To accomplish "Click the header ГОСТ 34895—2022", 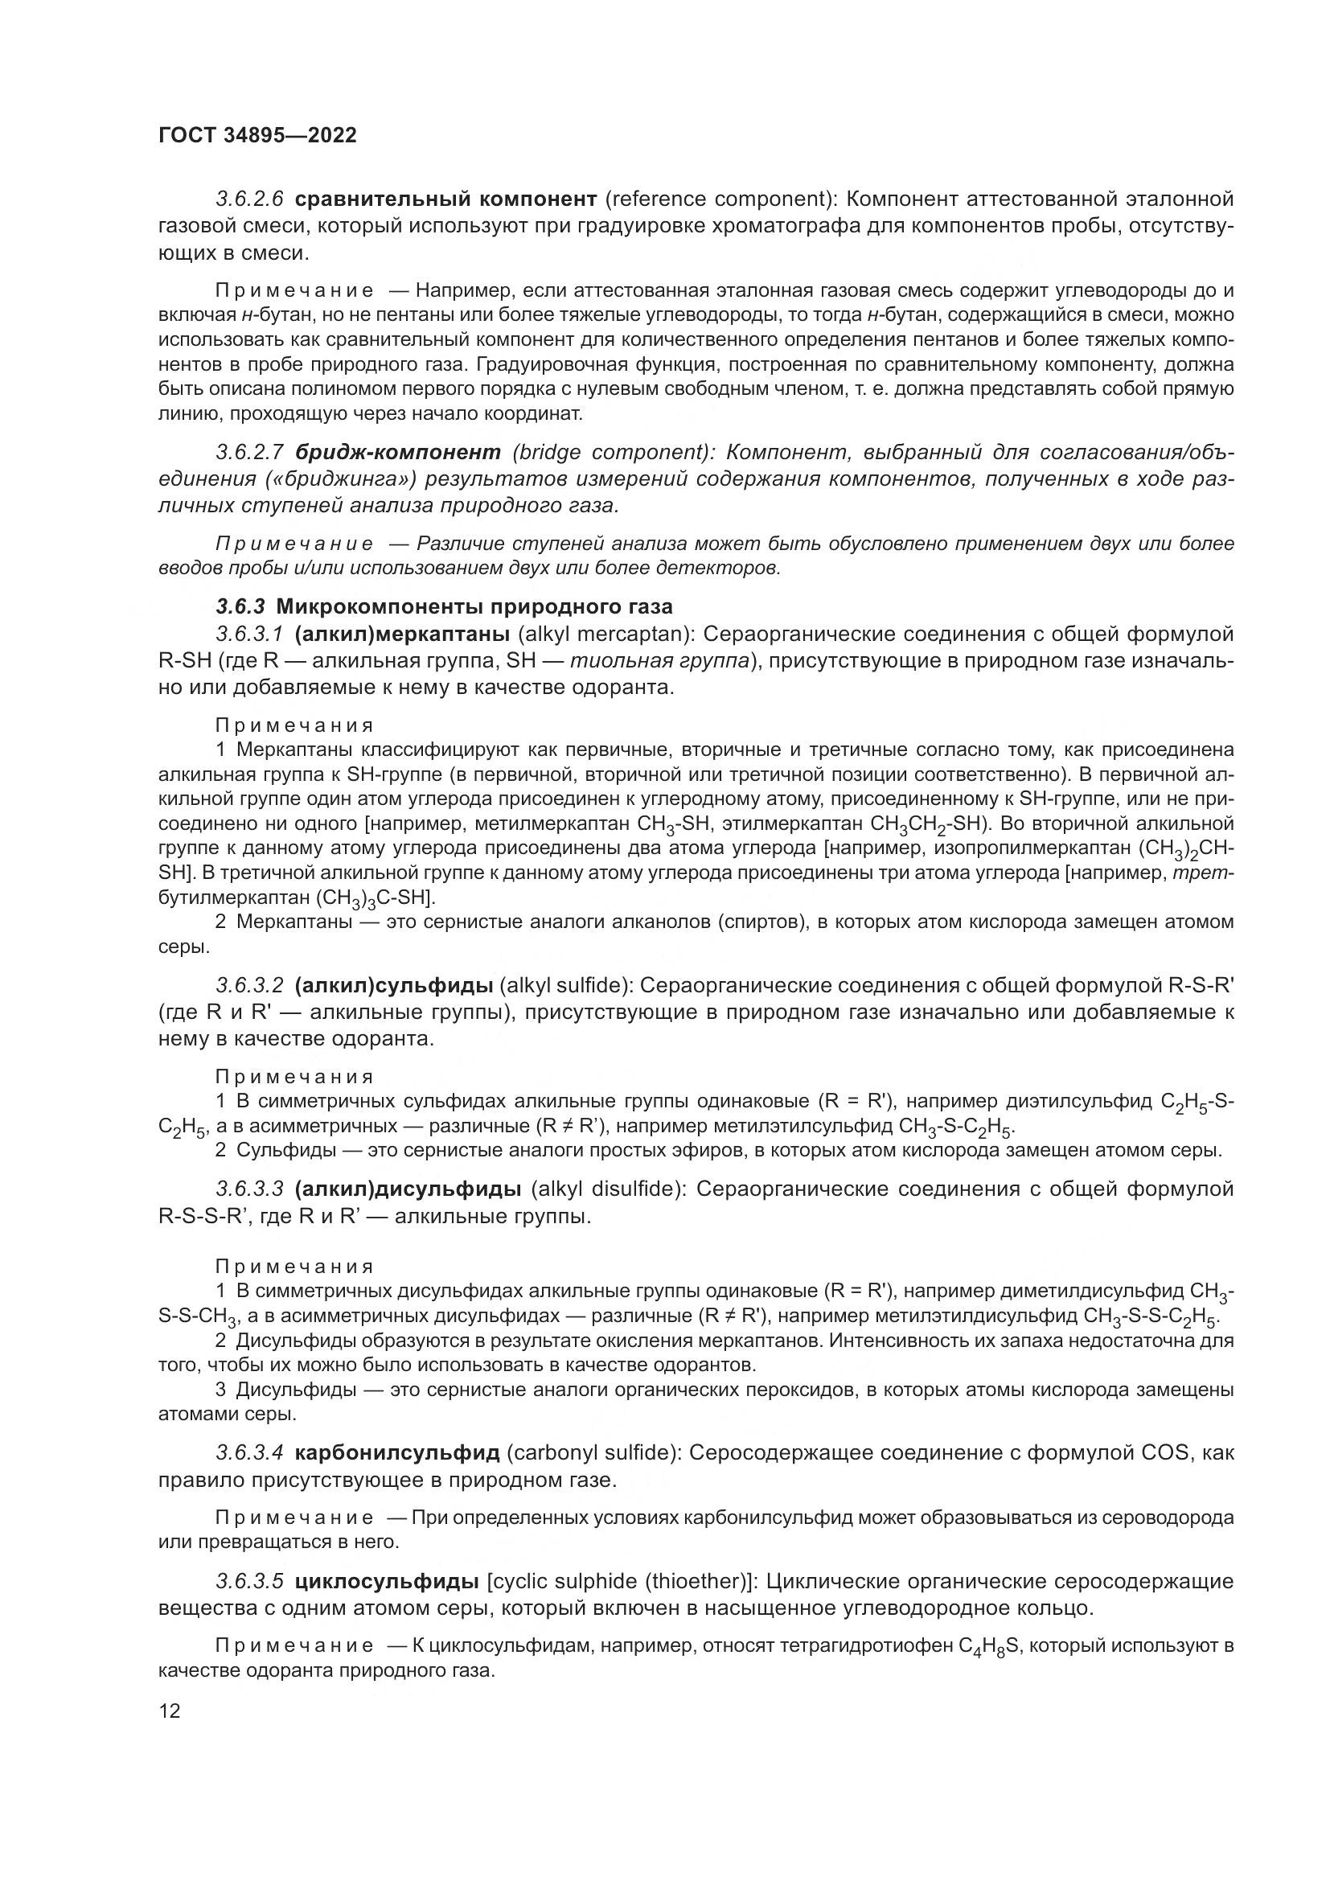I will [x=257, y=136].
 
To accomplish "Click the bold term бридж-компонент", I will [x=397, y=452].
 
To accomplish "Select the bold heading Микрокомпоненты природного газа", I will [x=474, y=607].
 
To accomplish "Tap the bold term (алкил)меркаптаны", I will [x=401, y=634].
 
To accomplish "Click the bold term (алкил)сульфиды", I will [x=393, y=985].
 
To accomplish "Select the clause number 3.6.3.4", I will [x=249, y=1453].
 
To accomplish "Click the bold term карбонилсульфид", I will [x=396, y=1453].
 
